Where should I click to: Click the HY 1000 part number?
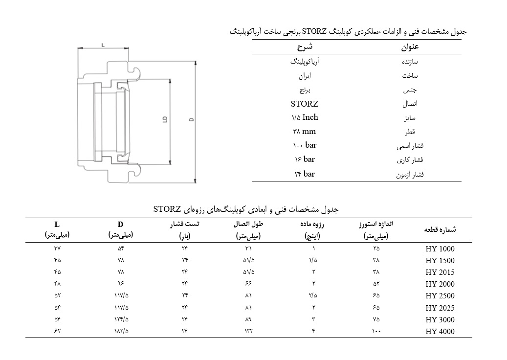(440, 248)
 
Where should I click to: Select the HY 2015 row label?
(440, 272)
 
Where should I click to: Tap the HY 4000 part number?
(440, 332)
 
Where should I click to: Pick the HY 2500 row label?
(440, 296)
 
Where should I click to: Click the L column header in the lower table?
(57, 225)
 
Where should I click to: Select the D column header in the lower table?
(120, 225)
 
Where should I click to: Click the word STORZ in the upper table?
(304, 104)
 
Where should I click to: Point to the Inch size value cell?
(304, 117)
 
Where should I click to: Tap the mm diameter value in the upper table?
(304, 132)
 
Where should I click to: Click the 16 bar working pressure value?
(304, 159)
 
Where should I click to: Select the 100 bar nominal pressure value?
(304, 146)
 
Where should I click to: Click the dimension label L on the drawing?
(103, 45)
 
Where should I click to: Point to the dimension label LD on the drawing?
(165, 119)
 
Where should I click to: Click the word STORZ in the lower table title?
(168, 209)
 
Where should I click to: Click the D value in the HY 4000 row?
(120, 332)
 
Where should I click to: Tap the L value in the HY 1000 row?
(57, 248)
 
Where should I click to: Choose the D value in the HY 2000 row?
(120, 284)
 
